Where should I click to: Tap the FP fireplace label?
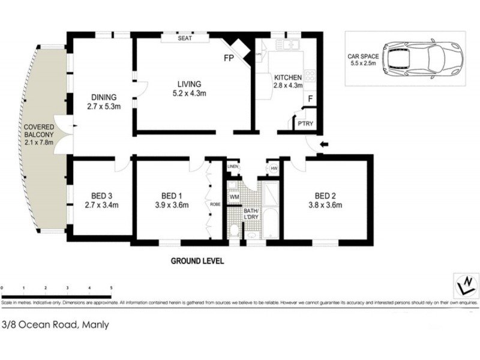[229, 59]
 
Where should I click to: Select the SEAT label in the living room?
[184, 38]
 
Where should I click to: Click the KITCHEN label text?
[289, 78]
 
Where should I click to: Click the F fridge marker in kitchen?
[310, 98]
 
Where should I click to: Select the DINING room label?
[103, 98]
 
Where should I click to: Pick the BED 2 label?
[326, 195]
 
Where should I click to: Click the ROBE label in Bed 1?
[214, 204]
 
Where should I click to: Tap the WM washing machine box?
[234, 196]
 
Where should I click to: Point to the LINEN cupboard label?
[233, 166]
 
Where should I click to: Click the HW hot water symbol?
[274, 169]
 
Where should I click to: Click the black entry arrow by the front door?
[325, 144]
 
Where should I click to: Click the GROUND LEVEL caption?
[197, 262]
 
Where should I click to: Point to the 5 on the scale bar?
[111, 289]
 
